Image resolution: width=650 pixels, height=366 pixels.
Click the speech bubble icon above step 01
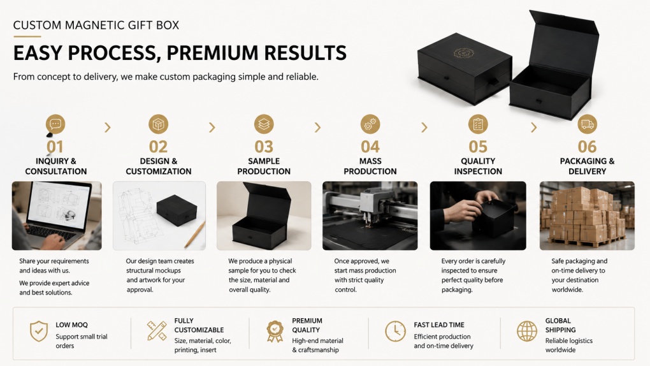pyautogui.click(x=55, y=124)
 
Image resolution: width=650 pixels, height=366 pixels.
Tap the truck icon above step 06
pyautogui.click(x=587, y=124)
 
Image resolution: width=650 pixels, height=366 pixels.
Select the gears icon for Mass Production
pyautogui.click(x=370, y=124)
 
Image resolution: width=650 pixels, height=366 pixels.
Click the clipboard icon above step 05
pyautogui.click(x=478, y=124)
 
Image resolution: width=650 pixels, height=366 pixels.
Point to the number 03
pyautogui.click(x=264, y=147)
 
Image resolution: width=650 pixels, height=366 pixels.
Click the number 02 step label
pyautogui.click(x=158, y=147)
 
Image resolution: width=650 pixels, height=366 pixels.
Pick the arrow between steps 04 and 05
pyautogui.click(x=424, y=128)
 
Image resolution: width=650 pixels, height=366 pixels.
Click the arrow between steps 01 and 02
pyautogui.click(x=108, y=128)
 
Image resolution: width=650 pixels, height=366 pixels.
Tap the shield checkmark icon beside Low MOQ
pyautogui.click(x=38, y=331)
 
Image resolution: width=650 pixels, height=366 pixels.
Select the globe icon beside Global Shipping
pyautogui.click(x=527, y=331)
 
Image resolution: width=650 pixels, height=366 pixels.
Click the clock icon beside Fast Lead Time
pyautogui.click(x=395, y=331)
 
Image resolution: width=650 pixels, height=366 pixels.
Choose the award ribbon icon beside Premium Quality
pyautogui.click(x=275, y=331)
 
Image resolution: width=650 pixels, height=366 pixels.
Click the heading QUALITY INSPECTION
pyautogui.click(x=478, y=166)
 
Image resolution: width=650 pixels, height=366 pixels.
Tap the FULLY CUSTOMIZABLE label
pyautogui.click(x=199, y=325)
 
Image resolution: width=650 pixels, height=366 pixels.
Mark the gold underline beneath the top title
pyautogui.click(x=27, y=36)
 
